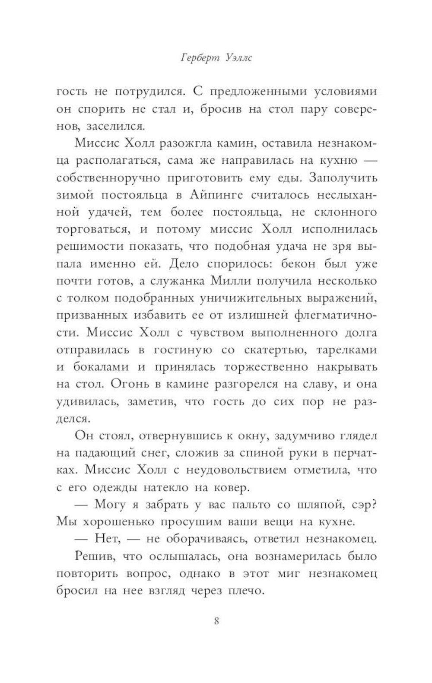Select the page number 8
[216, 622]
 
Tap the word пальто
[255, 504]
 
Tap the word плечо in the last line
[240, 591]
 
